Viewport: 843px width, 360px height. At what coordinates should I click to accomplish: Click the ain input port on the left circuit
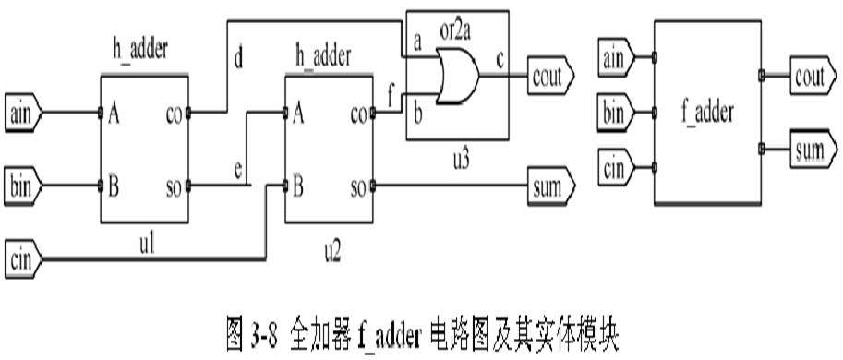[23, 114]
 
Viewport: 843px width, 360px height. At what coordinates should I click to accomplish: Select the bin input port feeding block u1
[23, 185]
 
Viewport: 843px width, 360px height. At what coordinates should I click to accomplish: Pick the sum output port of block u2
[550, 186]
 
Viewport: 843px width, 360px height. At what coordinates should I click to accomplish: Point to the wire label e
[238, 171]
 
